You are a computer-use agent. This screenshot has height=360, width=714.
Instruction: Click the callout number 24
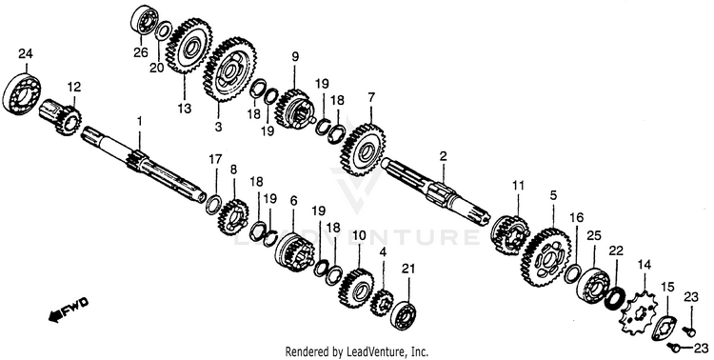tap(26, 53)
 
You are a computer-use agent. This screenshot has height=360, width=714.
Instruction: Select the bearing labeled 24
tap(21, 93)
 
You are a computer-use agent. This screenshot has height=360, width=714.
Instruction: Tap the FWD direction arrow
tap(69, 310)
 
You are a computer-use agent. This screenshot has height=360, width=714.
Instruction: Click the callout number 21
tap(408, 269)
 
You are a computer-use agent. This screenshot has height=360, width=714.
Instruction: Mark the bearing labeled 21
tap(406, 314)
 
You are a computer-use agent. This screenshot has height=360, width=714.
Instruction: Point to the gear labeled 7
tap(364, 150)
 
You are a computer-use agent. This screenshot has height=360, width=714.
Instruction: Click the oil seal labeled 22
tap(615, 297)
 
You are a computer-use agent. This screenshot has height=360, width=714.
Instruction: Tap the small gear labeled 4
tap(383, 303)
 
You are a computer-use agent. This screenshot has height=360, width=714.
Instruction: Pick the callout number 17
tap(216, 159)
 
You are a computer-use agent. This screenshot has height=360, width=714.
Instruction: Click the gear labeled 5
tap(546, 256)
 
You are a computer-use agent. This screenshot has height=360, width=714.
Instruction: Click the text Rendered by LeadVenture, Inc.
tap(357, 351)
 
